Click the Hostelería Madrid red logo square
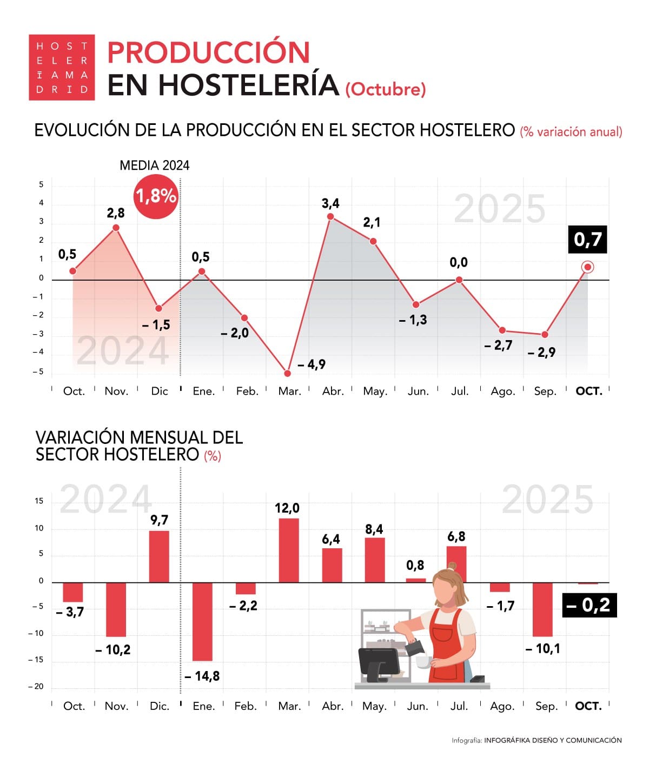62,68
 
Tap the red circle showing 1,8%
156,196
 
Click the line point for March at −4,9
287,373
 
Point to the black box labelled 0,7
587,240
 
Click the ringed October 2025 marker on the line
588,267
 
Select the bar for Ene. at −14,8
202,621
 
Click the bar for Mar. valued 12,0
288,550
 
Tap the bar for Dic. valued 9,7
159,556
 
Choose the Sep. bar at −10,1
542,609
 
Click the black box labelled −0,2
589,605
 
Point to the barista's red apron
447,643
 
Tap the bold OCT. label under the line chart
588,391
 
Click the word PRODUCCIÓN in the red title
209,52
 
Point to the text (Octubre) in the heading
386,89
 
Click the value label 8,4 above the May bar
374,529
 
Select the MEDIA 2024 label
155,165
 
